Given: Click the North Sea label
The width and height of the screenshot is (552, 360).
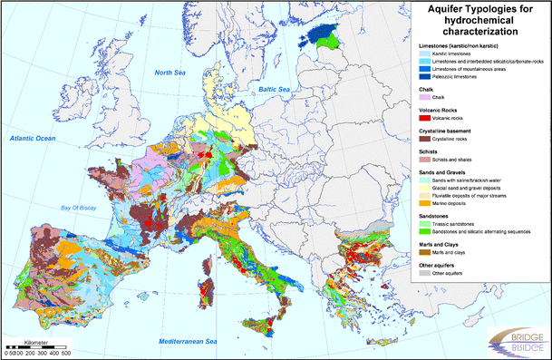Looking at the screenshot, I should point(169,73).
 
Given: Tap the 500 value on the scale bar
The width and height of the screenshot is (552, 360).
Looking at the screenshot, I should point(65,353).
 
